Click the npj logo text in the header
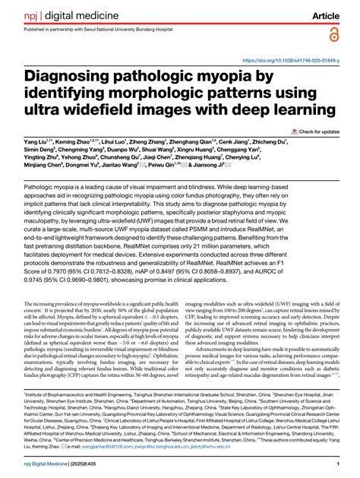(x=30, y=14)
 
